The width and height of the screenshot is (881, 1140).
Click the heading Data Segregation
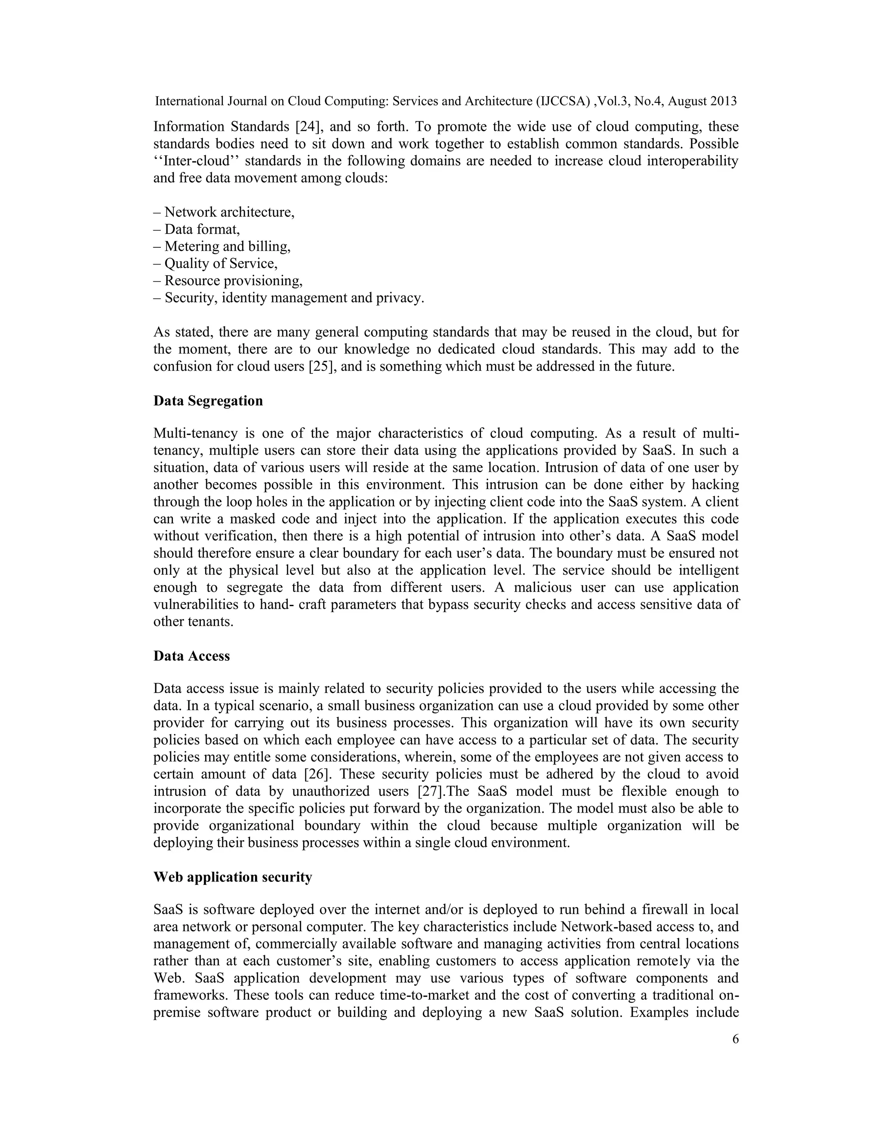tap(208, 401)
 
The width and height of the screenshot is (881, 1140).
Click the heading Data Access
tap(191, 656)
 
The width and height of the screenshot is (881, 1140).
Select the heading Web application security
tap(232, 877)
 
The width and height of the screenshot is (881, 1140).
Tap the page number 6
tap(735, 1039)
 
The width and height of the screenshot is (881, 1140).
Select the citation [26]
tap(318, 774)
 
